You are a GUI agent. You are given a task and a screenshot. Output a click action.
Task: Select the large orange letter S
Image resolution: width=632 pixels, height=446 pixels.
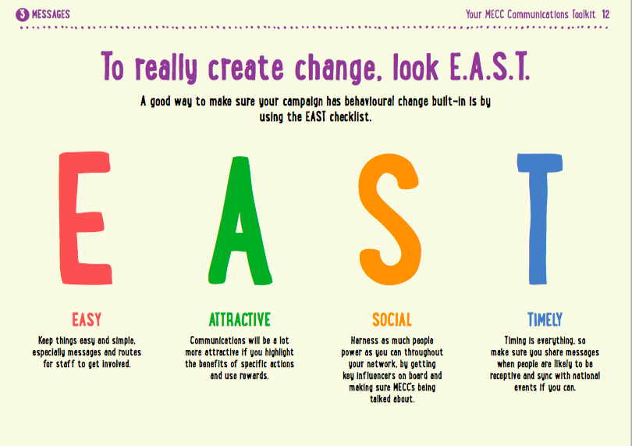[389, 219]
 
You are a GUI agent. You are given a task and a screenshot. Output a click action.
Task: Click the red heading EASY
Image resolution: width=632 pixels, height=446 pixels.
[87, 319]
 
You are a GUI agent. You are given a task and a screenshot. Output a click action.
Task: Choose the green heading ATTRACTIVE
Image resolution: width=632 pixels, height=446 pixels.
[240, 319]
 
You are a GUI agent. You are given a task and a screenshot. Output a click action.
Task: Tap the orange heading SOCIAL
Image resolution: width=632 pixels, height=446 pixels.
[392, 319]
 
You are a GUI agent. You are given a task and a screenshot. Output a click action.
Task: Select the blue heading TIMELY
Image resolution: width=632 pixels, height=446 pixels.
[545, 319]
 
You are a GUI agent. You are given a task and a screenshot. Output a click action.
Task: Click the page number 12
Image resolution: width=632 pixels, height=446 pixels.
[605, 15]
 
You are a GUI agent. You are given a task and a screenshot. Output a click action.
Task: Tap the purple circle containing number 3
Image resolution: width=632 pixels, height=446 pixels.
[23, 15]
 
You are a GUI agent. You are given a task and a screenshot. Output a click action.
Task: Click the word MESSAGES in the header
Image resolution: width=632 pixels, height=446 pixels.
[51, 15]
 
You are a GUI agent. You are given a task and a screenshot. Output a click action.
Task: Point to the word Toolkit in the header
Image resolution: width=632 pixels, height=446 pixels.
[584, 15]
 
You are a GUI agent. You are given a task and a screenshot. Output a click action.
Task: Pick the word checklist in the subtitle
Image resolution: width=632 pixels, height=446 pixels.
[350, 117]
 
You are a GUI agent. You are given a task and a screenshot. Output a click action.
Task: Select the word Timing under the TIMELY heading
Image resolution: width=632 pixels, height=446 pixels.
[516, 341]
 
